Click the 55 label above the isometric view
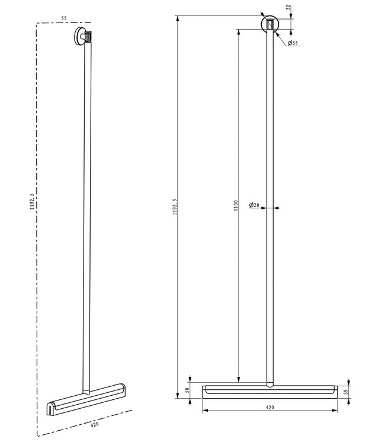(x=64, y=18)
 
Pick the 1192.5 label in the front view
(x=174, y=209)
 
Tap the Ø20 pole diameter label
(x=254, y=205)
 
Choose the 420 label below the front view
(x=269, y=408)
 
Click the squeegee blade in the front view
(x=269, y=391)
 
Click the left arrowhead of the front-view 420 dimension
(x=205, y=409)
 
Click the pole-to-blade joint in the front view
(x=270, y=383)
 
